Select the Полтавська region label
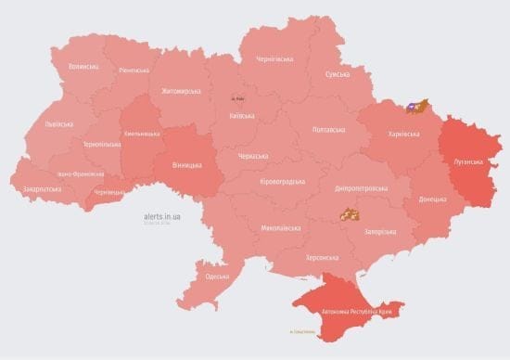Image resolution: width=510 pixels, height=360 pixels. pyautogui.click(x=331, y=129)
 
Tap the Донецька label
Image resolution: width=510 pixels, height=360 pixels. pyautogui.click(x=431, y=199)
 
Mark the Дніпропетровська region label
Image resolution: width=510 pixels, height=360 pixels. pyautogui.click(x=362, y=187)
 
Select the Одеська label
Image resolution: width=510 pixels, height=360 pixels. pyautogui.click(x=218, y=276)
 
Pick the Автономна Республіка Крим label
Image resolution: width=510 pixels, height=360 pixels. pyautogui.click(x=357, y=312)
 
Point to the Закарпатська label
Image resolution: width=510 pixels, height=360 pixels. pyautogui.click(x=42, y=188)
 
